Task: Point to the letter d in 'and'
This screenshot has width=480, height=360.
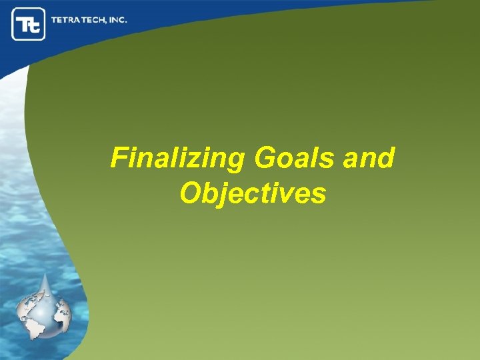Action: click(387, 159)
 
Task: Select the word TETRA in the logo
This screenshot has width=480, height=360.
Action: click(66, 20)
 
